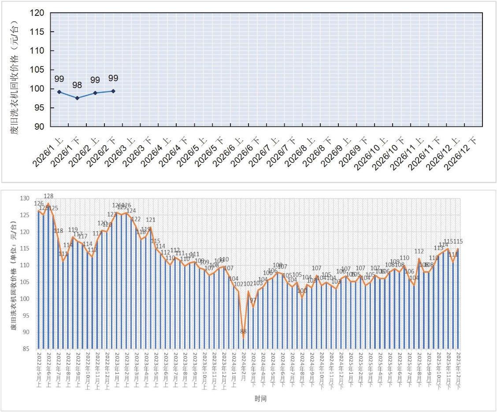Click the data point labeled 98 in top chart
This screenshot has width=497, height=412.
pos(77,98)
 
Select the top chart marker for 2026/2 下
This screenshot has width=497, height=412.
pos(113,91)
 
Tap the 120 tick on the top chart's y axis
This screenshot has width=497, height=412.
pos(37,13)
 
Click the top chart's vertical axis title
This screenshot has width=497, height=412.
pos(15,70)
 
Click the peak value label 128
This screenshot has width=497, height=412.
pos(48,196)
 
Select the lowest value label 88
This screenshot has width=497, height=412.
pos(243,331)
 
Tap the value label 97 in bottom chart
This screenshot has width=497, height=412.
pos(253,300)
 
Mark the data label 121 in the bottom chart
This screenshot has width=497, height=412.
pos(151,220)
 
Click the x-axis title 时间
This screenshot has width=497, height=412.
pos(260,399)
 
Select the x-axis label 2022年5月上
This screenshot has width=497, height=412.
pos(39,369)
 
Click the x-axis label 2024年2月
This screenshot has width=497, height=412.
pos(243,366)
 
